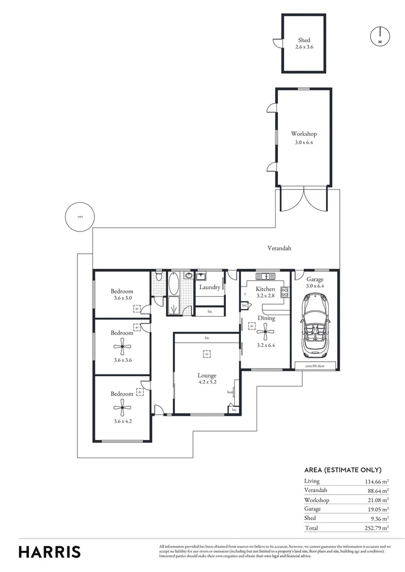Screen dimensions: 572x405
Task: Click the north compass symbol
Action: click(380, 35)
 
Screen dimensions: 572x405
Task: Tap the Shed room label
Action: click(304, 40)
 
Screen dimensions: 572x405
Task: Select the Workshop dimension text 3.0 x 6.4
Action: click(304, 142)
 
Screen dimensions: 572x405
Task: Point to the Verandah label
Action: click(279, 247)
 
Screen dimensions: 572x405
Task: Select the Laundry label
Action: click(209, 287)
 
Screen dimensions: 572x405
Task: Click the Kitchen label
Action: click(265, 289)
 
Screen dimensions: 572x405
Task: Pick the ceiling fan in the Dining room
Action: click(266, 332)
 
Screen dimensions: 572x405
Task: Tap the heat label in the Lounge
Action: click(230, 392)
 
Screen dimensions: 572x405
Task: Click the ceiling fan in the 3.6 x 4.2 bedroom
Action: click(122, 407)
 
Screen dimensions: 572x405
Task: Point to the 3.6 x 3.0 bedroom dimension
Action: click(122, 298)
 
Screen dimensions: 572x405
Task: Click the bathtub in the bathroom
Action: click(174, 283)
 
